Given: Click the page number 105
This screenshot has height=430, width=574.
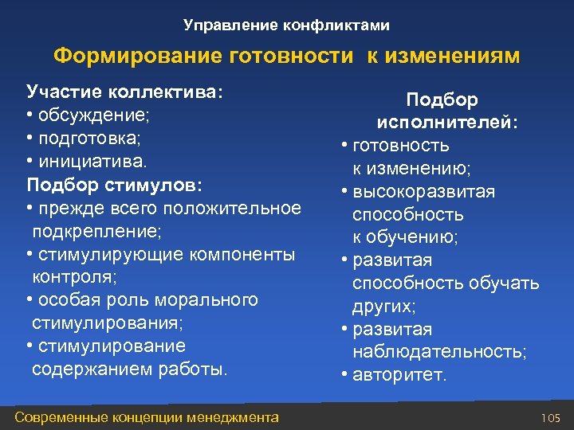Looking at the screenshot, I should click(551, 417).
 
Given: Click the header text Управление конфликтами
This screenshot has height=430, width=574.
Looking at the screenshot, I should click(286, 25).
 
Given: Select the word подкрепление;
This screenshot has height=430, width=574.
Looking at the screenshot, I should click(97, 231).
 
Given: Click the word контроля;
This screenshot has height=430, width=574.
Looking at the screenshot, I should click(73, 277).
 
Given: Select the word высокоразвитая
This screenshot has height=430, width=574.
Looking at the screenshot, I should click(423, 192).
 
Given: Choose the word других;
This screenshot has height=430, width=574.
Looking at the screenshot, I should click(384, 306).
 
